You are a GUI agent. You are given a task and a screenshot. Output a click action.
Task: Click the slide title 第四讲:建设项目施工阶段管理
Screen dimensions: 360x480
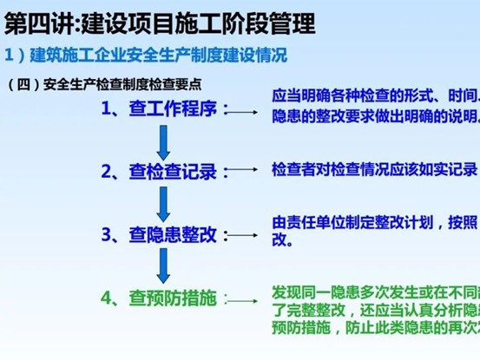[x=161, y=19]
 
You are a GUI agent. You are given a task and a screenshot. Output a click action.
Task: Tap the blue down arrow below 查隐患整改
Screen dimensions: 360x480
[x=161, y=265]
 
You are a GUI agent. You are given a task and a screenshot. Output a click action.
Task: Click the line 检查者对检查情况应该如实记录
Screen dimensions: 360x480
[x=374, y=169]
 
